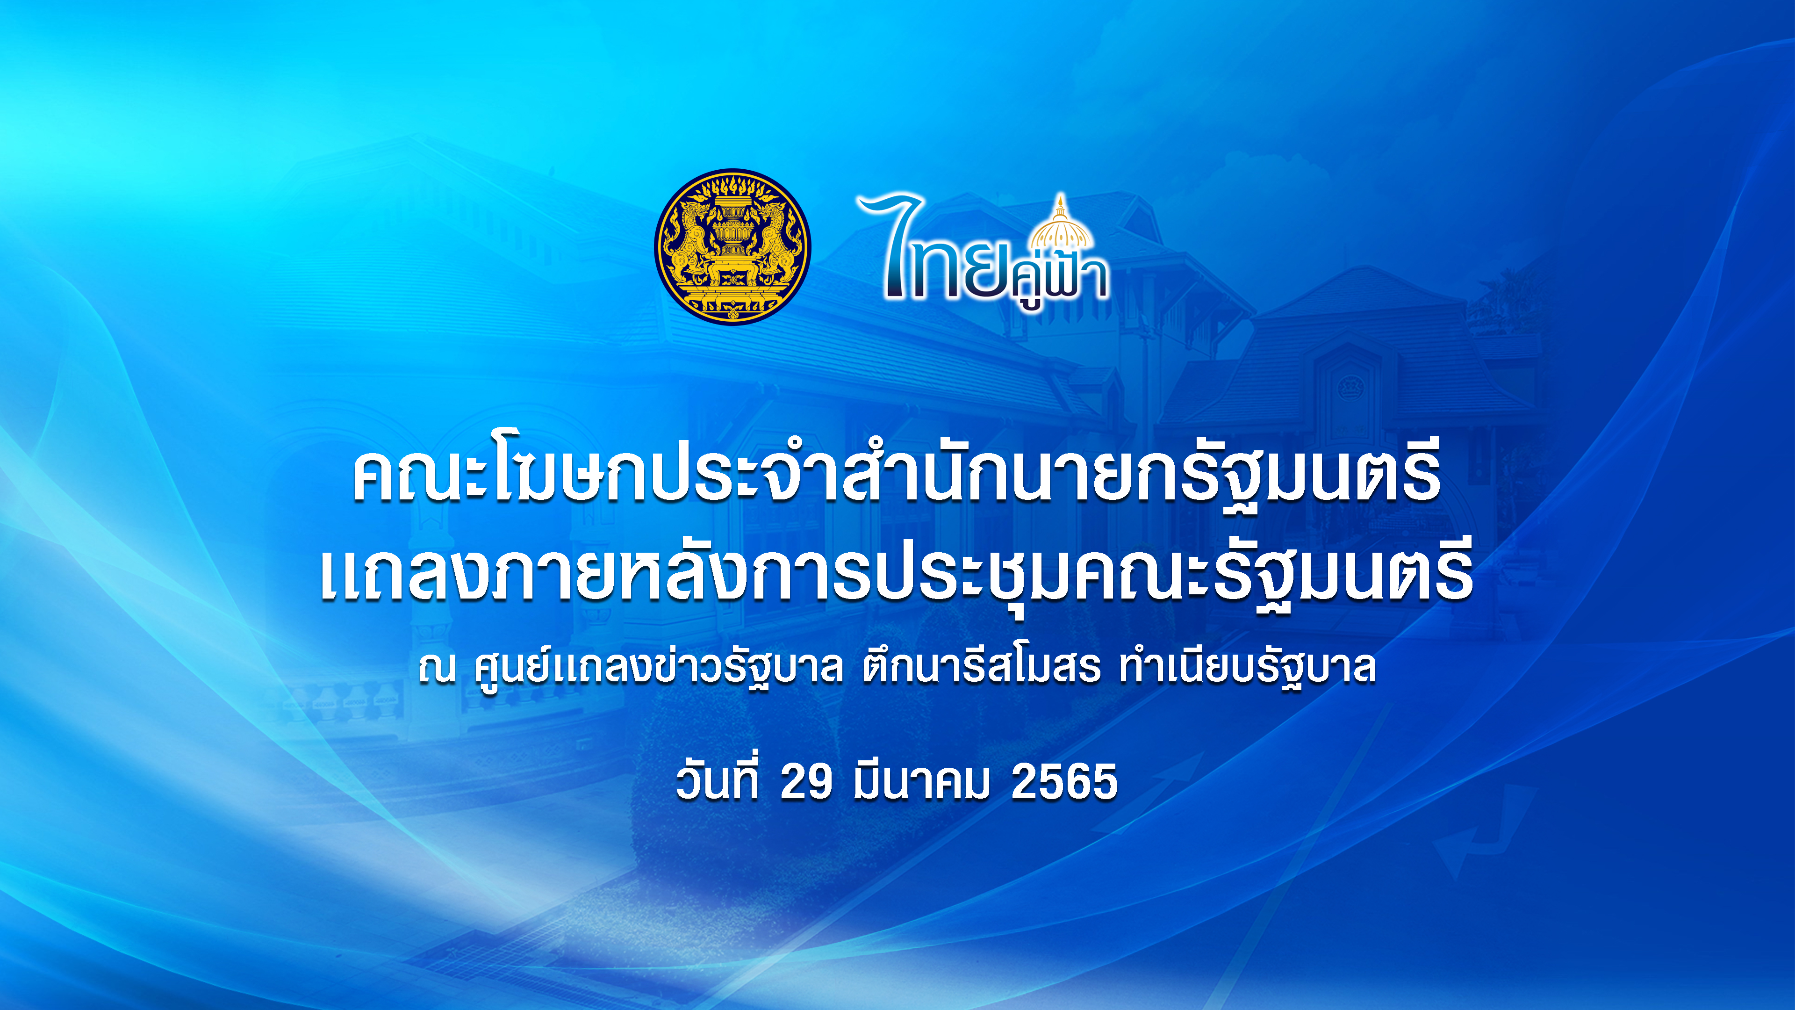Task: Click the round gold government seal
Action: point(732,246)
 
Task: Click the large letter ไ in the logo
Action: point(893,246)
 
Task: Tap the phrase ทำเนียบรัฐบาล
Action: point(1247,668)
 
